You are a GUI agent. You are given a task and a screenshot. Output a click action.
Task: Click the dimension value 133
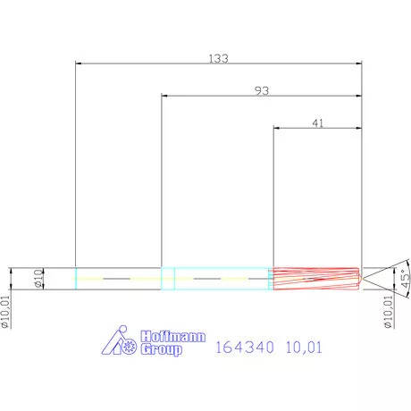219,58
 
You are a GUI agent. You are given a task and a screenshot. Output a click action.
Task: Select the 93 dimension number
262,90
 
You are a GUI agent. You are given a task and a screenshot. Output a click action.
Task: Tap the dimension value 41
317,124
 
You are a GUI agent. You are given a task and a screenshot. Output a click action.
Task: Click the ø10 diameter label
38,278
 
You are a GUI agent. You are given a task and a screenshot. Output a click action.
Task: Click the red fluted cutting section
315,278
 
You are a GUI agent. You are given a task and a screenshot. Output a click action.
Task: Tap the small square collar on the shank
167,278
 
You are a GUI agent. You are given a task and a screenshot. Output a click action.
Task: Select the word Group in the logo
162,350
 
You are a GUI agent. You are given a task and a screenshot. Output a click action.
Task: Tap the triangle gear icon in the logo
119,344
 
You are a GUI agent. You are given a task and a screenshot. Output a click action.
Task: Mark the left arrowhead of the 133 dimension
80,63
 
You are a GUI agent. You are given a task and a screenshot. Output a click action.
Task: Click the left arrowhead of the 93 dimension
164,96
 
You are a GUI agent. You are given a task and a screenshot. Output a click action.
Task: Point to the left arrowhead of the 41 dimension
276,130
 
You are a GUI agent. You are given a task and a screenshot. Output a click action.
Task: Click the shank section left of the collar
118,278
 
